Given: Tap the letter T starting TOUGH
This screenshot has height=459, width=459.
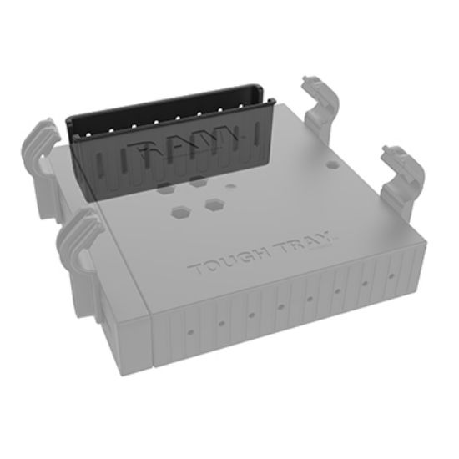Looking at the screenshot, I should [195, 271].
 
